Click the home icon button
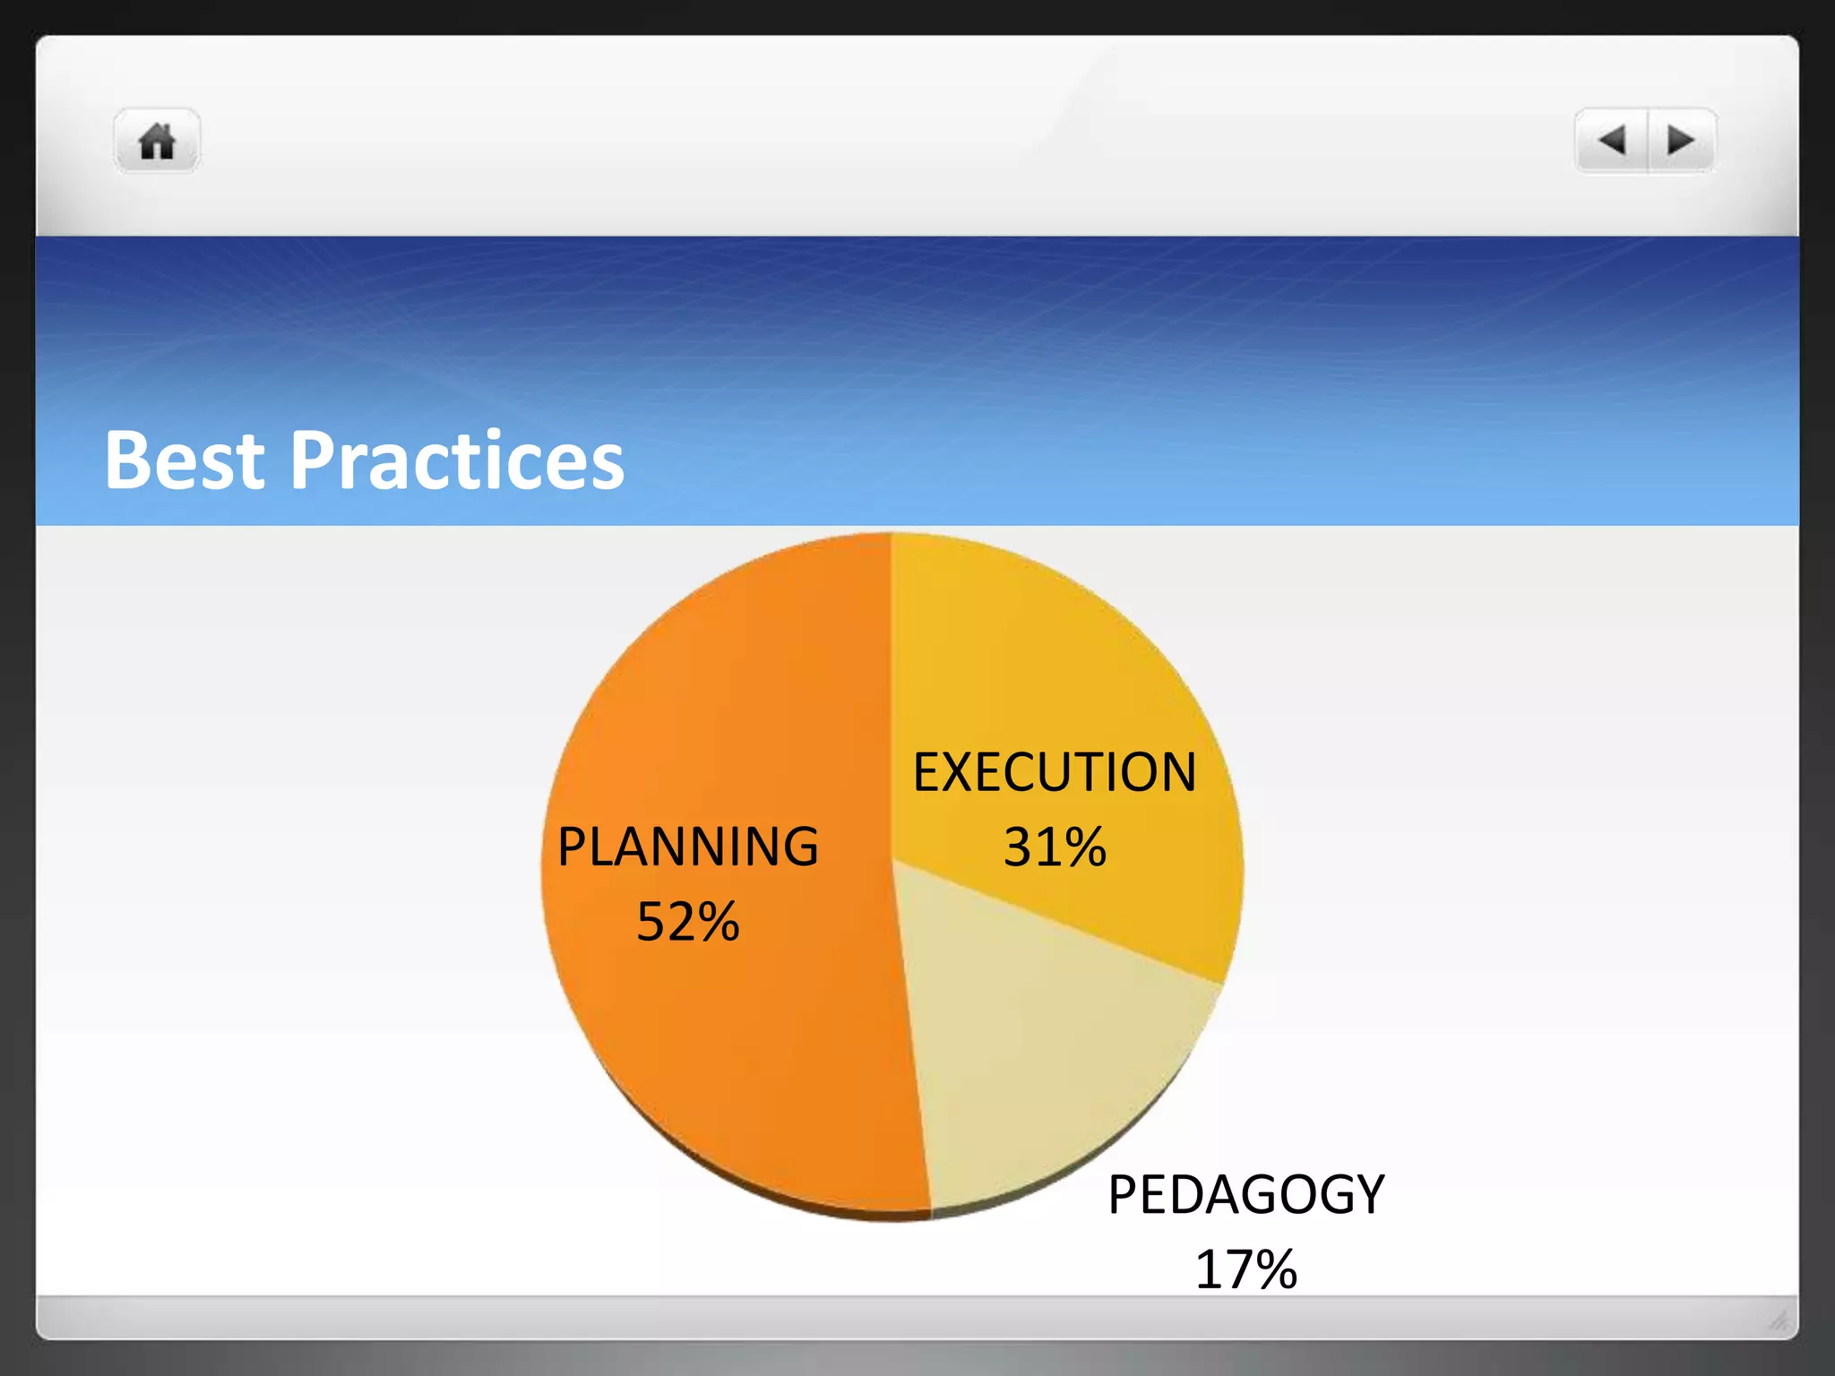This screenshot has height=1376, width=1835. tap(157, 142)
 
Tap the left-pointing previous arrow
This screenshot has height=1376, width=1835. tap(1612, 140)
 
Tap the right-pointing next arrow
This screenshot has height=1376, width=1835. tap(1680, 140)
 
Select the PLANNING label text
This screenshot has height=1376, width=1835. tap(687, 847)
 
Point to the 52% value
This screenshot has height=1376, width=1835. tap(687, 921)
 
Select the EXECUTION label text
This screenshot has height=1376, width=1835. tap(1054, 772)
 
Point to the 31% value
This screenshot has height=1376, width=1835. tap(1054, 847)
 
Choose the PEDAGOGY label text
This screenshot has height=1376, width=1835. tap(1245, 1194)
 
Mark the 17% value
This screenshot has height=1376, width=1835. tap(1245, 1269)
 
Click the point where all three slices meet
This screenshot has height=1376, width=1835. tap(893, 861)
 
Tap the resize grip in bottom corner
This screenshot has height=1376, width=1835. tap(1779, 1320)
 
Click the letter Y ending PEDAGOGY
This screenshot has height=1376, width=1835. tap(1367, 1194)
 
